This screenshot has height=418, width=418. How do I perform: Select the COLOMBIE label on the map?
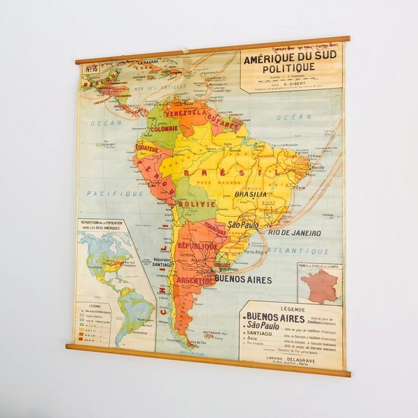pyautogui.click(x=164, y=128)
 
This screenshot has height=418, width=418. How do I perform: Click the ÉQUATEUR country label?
pyautogui.click(x=148, y=148)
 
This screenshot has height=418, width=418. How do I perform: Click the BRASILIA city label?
pyautogui.click(x=249, y=194)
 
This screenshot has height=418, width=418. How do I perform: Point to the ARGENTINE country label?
pyautogui.click(x=194, y=279)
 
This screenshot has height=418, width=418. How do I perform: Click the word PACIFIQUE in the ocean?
pyautogui.click(x=105, y=193)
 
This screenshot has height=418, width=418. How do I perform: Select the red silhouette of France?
pyautogui.click(x=320, y=286)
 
